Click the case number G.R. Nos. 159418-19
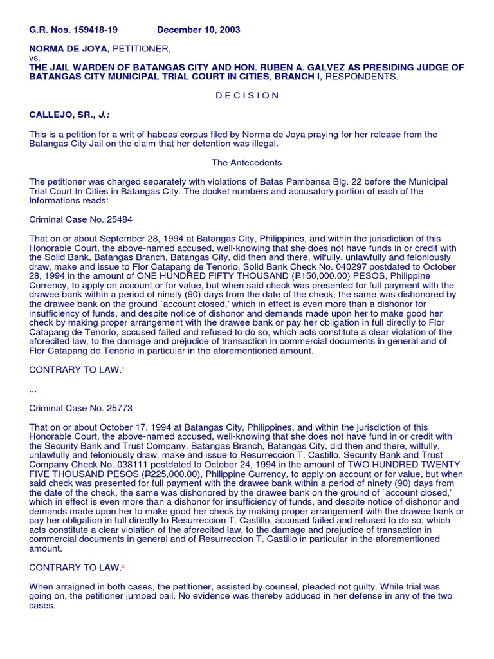pos(73,30)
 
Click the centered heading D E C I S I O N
pos(247,95)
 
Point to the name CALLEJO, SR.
pos(62,115)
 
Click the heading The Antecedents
pos(247,163)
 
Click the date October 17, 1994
pos(123,426)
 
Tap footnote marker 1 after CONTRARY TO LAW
pos(123,370)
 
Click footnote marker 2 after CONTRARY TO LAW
pos(123,567)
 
